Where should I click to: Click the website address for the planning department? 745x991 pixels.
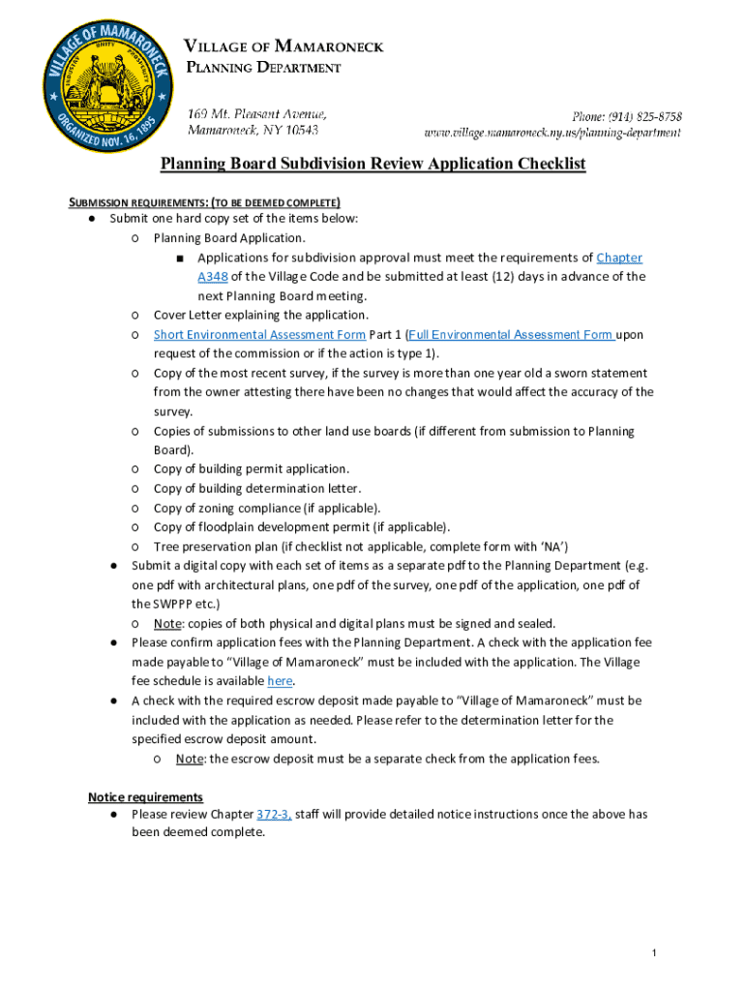(552, 132)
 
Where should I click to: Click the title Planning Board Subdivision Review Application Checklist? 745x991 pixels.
(372, 164)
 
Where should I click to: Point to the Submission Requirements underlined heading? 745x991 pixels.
(203, 202)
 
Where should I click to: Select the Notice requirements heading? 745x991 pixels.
(145, 797)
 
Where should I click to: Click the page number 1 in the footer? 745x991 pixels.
(654, 955)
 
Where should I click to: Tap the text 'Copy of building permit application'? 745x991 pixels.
(251, 469)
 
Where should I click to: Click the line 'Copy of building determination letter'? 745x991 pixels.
(256, 489)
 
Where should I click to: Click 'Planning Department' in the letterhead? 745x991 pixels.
(263, 68)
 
